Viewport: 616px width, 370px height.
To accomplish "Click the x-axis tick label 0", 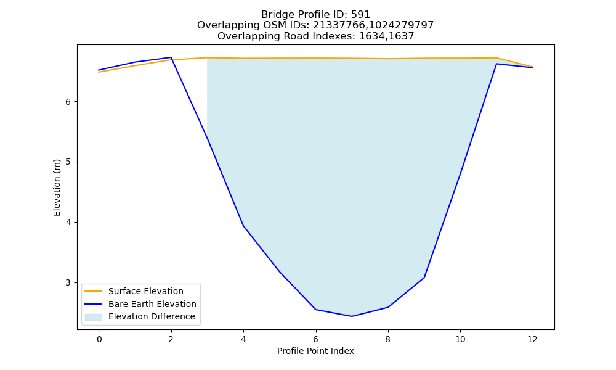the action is [x=99, y=339].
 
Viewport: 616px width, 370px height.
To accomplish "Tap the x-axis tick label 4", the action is [x=243, y=339].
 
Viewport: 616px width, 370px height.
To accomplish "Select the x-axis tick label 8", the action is [x=387, y=339].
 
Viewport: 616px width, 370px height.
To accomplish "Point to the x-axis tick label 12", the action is [x=532, y=339].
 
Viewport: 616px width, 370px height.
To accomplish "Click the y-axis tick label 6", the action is [x=68, y=102].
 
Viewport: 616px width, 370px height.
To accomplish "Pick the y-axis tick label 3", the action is [x=68, y=282].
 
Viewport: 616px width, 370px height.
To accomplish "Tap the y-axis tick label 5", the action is [x=68, y=162].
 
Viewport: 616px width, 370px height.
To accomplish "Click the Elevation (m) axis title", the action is [x=57, y=187].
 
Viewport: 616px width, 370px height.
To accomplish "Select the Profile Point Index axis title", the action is [x=315, y=351].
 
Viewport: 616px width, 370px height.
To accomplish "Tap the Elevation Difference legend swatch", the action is [x=94, y=317].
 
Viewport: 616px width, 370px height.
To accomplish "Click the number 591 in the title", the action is [x=361, y=15].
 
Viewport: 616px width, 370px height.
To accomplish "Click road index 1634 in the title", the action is [x=371, y=36].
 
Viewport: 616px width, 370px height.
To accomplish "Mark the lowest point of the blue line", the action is [x=352, y=316].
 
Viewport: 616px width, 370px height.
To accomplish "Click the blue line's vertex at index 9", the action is [x=424, y=277].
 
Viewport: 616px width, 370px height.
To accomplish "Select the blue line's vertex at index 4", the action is [x=243, y=226].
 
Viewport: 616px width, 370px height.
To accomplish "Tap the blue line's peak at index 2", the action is [x=171, y=57].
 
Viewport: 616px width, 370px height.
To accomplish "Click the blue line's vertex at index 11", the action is [x=496, y=64].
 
